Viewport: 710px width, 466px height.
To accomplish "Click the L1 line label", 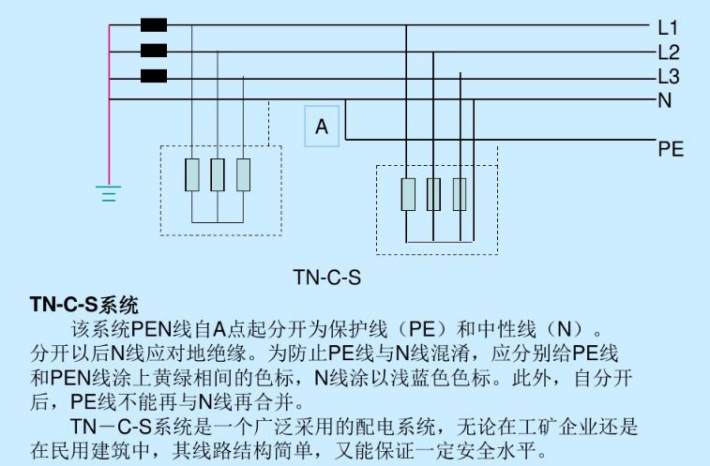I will pyautogui.click(x=669, y=27).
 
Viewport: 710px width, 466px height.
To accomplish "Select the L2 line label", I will pyautogui.click(x=669, y=53).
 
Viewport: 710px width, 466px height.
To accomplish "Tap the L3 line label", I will pyautogui.click(x=669, y=77).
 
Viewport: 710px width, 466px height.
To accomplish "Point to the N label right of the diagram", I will pyautogui.click(x=665, y=100).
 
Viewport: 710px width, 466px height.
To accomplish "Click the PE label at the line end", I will pyautogui.click(x=671, y=148).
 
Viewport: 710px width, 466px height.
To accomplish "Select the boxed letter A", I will pyautogui.click(x=322, y=127).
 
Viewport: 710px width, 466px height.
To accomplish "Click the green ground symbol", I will pyautogui.click(x=110, y=194).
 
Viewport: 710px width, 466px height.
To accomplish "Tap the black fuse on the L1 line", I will pyautogui.click(x=153, y=26).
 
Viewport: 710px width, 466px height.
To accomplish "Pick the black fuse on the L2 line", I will pyautogui.click(x=153, y=51).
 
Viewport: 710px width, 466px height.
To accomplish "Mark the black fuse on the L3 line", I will pyautogui.click(x=153, y=76).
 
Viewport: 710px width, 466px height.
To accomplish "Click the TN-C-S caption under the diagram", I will pyautogui.click(x=327, y=278).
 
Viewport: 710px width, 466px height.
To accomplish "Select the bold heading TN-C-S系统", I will pyautogui.click(x=84, y=305).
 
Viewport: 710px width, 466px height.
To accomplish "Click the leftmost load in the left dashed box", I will pyautogui.click(x=192, y=174).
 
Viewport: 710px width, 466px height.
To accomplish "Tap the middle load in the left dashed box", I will pyautogui.click(x=218, y=174).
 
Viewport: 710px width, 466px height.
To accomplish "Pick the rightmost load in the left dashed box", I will pyautogui.click(x=244, y=174).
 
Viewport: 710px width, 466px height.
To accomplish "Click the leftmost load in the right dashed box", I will pyautogui.click(x=408, y=193).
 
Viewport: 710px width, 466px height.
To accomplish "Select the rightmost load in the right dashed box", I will pyautogui.click(x=460, y=193).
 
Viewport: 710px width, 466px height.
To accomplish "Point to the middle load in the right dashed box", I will pyautogui.click(x=433, y=193).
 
